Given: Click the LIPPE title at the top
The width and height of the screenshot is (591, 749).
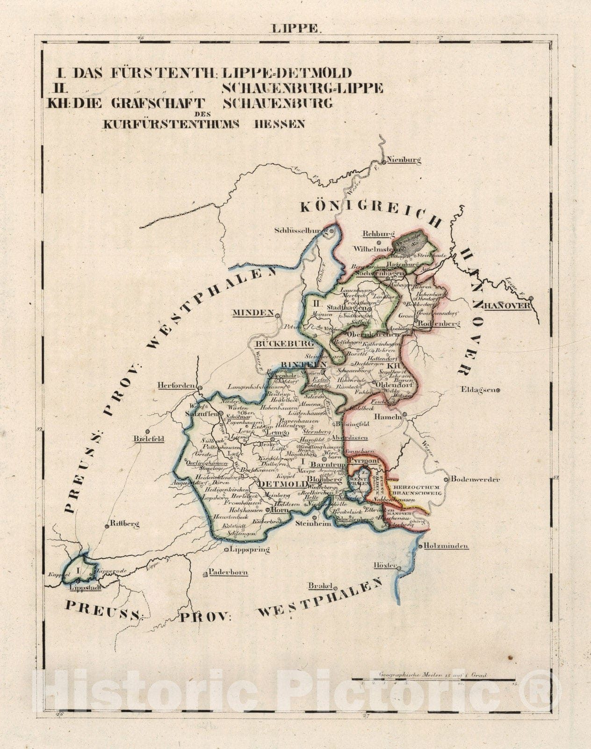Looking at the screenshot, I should [x=295, y=29].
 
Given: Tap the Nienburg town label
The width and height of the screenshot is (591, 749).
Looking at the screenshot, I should [x=405, y=160].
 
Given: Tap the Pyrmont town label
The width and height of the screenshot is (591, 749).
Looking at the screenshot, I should [x=366, y=461].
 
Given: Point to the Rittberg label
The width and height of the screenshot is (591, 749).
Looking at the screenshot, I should [x=124, y=525].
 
